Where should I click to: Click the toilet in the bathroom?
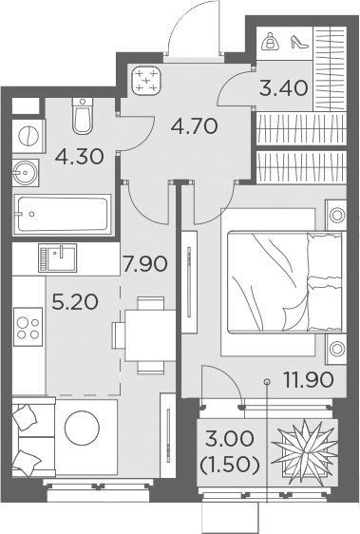(83, 116)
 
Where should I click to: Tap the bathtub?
(63, 214)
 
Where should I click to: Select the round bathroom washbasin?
(26, 173)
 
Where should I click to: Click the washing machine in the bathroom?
(28, 136)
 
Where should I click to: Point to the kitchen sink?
(57, 257)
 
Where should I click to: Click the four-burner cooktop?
(28, 327)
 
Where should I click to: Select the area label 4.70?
(195, 126)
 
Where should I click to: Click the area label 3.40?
(283, 88)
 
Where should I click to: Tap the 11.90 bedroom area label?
(309, 380)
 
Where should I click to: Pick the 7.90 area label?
(145, 264)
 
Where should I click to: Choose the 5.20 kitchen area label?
(75, 302)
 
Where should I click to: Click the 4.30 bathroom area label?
(80, 157)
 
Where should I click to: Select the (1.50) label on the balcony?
(230, 465)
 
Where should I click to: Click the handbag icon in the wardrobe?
(271, 41)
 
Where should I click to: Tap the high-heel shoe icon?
(299, 42)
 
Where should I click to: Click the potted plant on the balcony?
(304, 451)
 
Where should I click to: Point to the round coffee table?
(82, 427)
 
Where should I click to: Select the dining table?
(150, 335)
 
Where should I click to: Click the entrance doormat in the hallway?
(146, 81)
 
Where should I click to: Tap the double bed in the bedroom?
(284, 281)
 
